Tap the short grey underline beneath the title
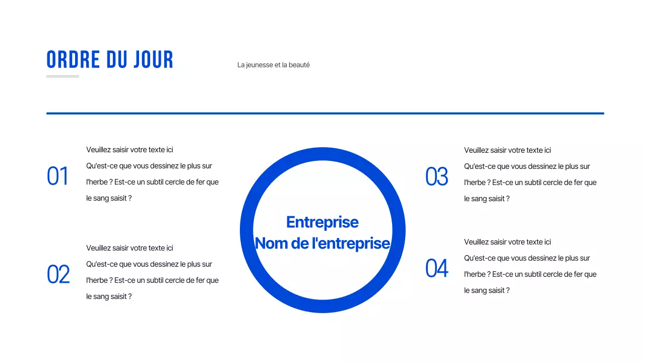point(62,77)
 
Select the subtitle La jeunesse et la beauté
point(273,65)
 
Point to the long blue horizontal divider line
point(325,113)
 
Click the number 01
point(57,176)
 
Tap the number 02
point(58,275)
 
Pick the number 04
point(436,268)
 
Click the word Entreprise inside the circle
point(322,222)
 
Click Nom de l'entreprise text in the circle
point(322,243)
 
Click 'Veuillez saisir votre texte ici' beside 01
point(130,150)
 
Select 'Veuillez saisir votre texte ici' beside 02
point(130,248)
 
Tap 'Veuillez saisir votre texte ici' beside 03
point(507,150)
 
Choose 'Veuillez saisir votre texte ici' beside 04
point(507,242)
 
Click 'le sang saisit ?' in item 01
point(109,198)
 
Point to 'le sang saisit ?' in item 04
point(487,290)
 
